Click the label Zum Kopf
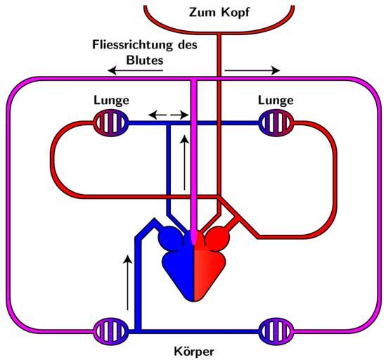click(219, 13)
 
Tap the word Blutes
click(145, 60)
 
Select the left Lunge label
click(111, 101)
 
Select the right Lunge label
click(276, 101)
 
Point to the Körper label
click(194, 352)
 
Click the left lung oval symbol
click(111, 123)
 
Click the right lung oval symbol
click(276, 123)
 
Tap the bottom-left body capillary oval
click(111, 331)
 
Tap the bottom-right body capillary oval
click(276, 331)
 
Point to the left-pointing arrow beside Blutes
click(136, 71)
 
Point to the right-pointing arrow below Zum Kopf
click(252, 71)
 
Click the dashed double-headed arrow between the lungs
click(169, 115)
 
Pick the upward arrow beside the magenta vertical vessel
click(184, 162)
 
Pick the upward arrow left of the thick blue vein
click(127, 283)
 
